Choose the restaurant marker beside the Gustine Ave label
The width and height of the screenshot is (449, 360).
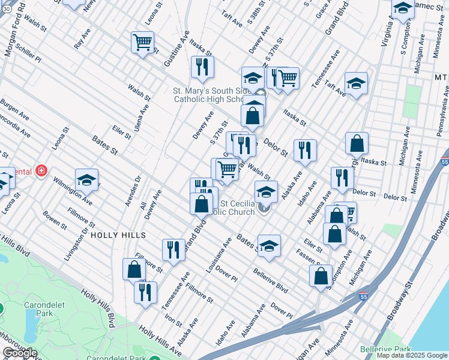[x=202, y=68]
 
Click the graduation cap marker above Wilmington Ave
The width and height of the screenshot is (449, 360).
[x=86, y=180]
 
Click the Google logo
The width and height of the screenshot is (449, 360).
[x=20, y=353]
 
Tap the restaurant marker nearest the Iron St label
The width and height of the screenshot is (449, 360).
[x=145, y=293]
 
